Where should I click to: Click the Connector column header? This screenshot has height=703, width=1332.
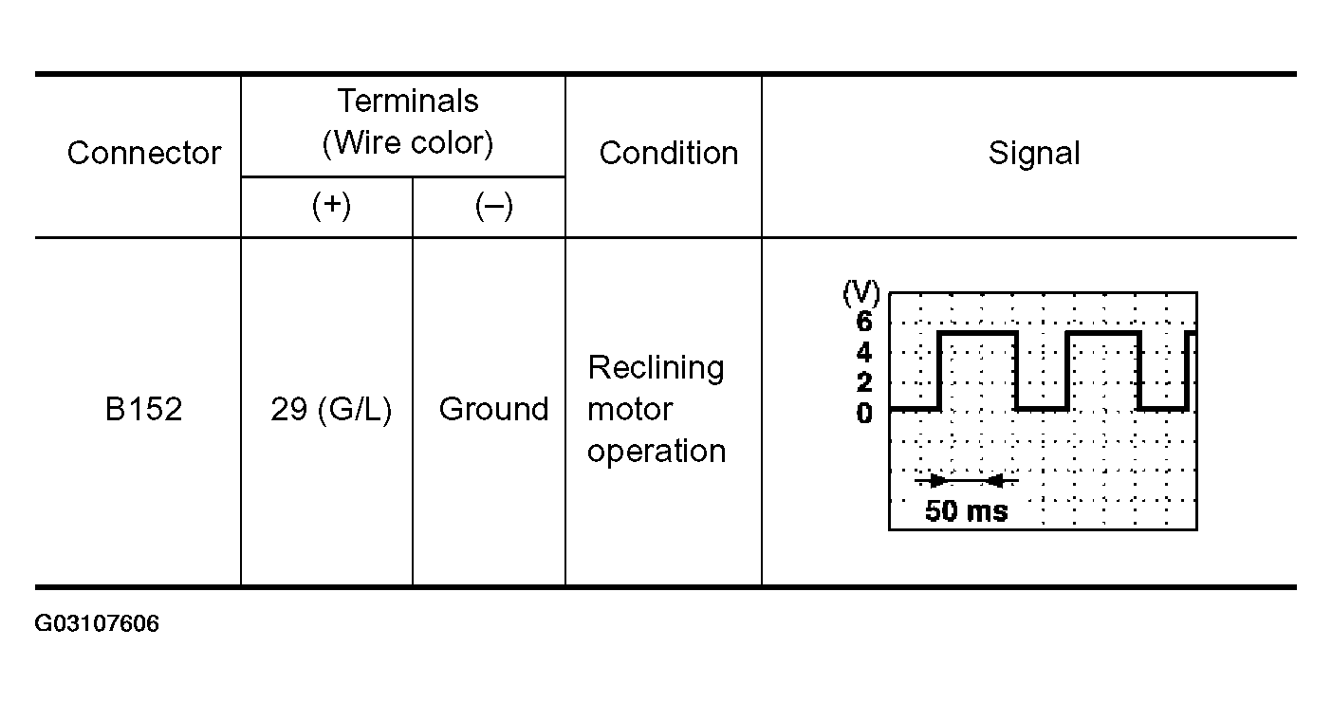point(144,153)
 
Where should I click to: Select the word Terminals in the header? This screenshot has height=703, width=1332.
point(408,101)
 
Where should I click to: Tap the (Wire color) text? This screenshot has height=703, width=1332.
point(408,143)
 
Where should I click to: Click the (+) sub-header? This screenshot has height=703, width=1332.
point(331,206)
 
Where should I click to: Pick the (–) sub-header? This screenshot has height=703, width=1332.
point(493,206)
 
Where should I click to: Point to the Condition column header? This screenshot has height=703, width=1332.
point(668,153)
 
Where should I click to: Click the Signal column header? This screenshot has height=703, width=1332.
point(1034,153)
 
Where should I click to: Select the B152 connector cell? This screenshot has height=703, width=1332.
point(144,410)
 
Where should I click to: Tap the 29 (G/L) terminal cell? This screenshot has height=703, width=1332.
point(331,410)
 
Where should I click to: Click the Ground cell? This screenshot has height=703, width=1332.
point(493,410)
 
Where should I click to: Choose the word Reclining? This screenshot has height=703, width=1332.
point(656,367)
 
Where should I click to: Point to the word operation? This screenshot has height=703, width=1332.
point(657,452)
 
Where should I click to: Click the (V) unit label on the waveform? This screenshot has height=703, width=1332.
point(861,294)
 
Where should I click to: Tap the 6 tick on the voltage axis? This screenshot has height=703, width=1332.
point(864,322)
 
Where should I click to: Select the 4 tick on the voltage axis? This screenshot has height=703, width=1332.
point(864,353)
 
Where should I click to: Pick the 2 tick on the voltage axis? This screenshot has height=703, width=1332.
point(864,383)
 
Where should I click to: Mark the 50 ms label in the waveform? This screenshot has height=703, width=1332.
point(966,511)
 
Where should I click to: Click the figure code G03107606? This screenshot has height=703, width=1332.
point(97,624)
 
